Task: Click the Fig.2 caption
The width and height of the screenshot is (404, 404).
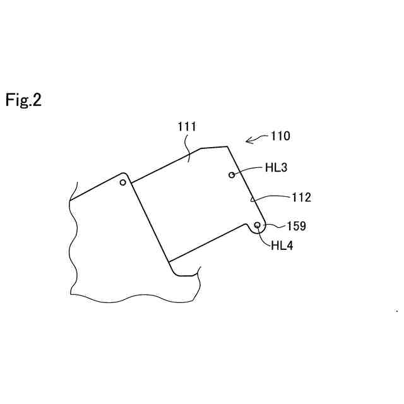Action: (x=24, y=100)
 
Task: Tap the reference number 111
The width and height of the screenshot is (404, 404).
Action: (x=186, y=127)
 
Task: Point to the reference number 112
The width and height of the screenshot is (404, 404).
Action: (x=301, y=198)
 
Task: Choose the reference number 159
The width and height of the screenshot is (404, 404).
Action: (x=297, y=225)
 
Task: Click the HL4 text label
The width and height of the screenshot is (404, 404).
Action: (x=282, y=246)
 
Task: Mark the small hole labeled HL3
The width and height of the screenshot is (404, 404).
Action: (x=232, y=175)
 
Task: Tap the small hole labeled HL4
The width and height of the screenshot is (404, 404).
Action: (x=258, y=225)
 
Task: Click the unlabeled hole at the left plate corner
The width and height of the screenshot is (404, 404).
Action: (x=123, y=182)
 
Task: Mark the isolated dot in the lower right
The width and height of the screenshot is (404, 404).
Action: (x=396, y=311)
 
